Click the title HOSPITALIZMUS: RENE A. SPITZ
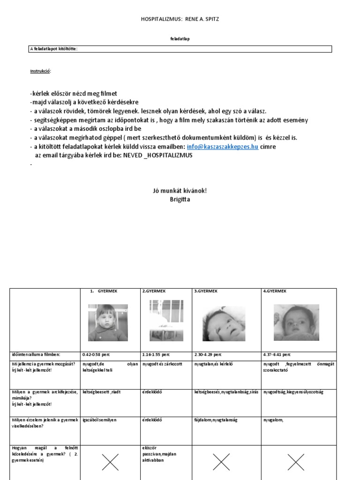click(x=180, y=19)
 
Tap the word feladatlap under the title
click(x=180, y=40)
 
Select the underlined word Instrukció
click(x=40, y=71)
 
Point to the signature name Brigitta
click(x=180, y=199)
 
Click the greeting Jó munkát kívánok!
click(x=180, y=190)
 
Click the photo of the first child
click(x=108, y=322)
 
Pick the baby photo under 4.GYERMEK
click(x=296, y=322)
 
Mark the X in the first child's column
click(x=110, y=463)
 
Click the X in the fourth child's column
click(x=296, y=463)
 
